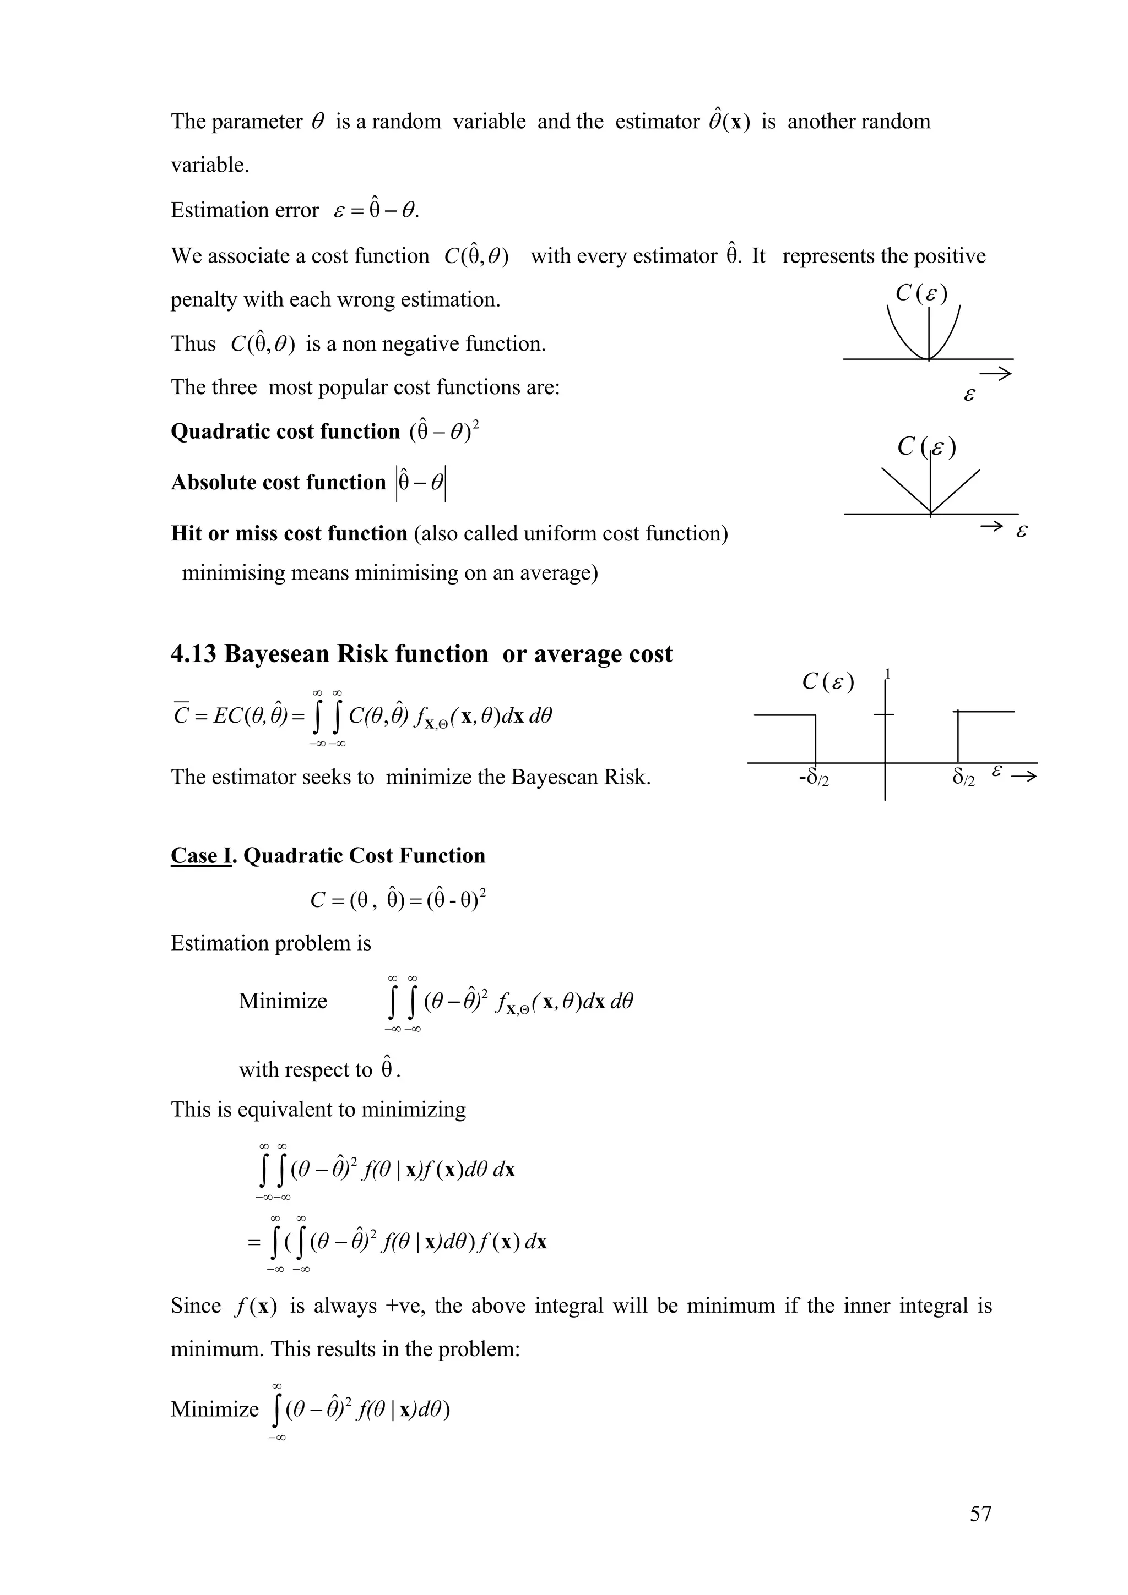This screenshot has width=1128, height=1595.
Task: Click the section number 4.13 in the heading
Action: pos(194,654)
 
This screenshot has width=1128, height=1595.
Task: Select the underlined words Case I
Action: pos(200,855)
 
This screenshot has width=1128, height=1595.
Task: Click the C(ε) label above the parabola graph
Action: pos(921,294)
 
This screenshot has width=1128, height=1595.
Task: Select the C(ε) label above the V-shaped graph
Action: pos(926,447)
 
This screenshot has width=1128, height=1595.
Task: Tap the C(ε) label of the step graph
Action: pos(828,682)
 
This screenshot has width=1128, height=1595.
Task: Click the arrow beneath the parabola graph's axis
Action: pos(996,374)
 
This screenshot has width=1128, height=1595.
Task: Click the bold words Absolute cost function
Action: pos(278,482)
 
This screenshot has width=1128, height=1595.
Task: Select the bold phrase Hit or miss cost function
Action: pos(289,533)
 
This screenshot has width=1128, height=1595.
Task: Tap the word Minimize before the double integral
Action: pos(283,1001)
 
